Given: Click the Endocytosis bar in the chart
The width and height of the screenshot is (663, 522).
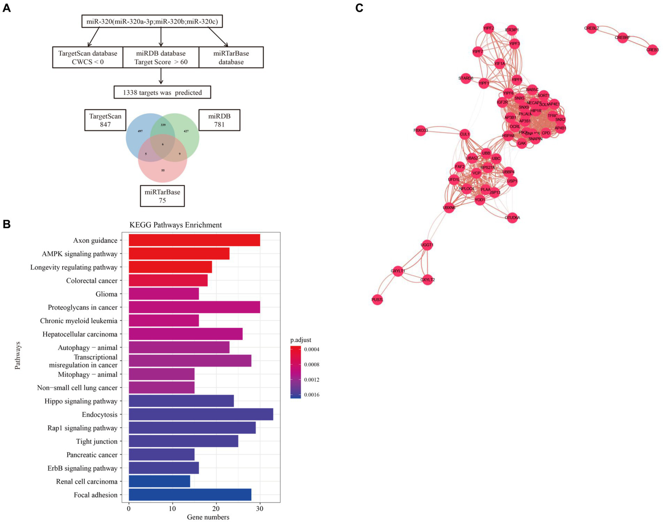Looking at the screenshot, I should [x=201, y=414].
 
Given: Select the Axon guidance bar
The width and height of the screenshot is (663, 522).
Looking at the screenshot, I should [x=194, y=240].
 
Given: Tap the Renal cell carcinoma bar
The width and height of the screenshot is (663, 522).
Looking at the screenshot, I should [x=159, y=481].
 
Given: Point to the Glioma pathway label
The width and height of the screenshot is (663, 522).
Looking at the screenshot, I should [x=106, y=294].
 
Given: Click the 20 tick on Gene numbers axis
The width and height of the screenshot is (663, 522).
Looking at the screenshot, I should [x=216, y=509].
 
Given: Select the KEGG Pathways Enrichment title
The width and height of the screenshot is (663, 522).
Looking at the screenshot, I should [x=175, y=225].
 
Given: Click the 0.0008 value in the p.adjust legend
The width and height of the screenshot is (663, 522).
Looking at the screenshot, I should [x=311, y=365].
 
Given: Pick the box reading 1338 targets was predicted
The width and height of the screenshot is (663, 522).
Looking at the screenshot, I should [x=162, y=92].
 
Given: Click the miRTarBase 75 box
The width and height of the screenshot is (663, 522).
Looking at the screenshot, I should [x=162, y=196].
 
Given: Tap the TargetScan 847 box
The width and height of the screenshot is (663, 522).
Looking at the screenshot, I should [x=105, y=120].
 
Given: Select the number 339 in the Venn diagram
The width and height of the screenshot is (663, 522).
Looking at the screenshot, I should [x=163, y=125].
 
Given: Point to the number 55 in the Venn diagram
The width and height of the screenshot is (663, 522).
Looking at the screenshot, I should [x=163, y=170].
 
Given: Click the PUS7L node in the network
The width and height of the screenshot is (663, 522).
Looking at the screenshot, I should [x=377, y=299].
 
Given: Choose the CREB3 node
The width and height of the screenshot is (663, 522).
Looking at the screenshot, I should [x=652, y=50].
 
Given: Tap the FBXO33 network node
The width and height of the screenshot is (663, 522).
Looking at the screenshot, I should [x=420, y=130].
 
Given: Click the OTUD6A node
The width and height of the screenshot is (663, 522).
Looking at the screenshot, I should [x=512, y=218].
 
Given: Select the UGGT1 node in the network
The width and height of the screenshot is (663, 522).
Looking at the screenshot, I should [x=427, y=245].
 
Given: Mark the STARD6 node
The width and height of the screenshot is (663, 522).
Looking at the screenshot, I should [x=466, y=78].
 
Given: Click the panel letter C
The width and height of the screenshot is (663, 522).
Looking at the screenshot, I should [x=359, y=8].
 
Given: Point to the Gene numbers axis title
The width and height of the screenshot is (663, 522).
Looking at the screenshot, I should [x=208, y=517].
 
